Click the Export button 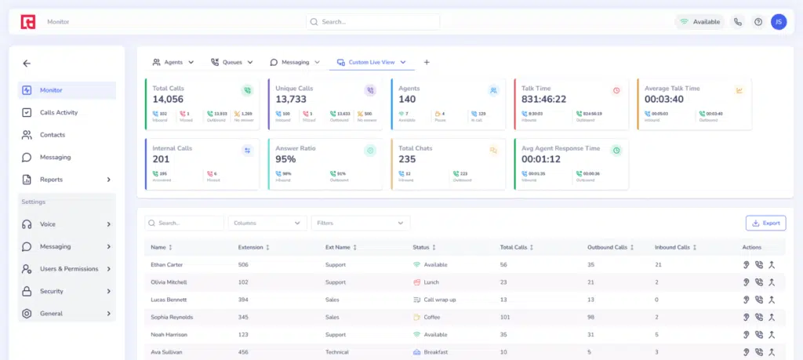coord(765,223)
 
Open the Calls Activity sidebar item coord(59,112)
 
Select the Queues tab coord(231,62)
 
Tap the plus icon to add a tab coord(427,62)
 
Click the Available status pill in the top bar coord(699,22)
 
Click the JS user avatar coord(778,22)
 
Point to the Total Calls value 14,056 coord(168,99)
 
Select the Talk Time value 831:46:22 coord(544,99)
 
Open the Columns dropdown coord(267,223)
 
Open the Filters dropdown coord(360,223)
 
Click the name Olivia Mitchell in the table coord(169,282)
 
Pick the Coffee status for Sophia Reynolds coord(432,317)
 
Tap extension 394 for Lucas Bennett coord(243,300)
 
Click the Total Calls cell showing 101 coord(506,317)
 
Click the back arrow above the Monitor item coord(27,64)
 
